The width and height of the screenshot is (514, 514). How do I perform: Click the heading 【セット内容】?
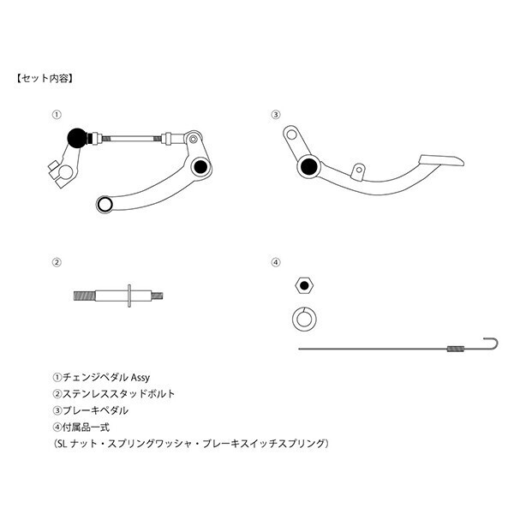pos(45,79)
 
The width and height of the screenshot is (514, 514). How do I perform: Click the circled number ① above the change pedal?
pos(57,115)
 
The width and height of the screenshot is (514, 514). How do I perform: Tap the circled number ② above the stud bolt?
pos(57,262)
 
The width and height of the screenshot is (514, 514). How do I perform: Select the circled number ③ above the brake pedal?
pos(276,115)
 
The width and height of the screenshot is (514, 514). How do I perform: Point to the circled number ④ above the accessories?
pos(276,262)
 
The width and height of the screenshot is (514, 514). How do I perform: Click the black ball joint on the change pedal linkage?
pos(77,138)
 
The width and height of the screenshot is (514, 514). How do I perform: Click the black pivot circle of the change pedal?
pos(200,166)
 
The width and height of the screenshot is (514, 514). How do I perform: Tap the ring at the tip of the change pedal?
pos(105,204)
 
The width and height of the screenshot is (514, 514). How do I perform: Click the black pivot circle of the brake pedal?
pos(308,166)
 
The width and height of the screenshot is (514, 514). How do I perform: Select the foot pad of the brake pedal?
pos(441,161)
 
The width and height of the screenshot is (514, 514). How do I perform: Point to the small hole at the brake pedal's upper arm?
pos(291,134)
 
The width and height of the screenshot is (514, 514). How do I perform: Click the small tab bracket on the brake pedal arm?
pos(358,171)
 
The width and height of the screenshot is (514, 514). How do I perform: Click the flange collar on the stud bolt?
pos(129,296)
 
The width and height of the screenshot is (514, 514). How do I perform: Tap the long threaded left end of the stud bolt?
pos(85,296)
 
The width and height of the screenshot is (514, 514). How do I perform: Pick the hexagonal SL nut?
pos(304,285)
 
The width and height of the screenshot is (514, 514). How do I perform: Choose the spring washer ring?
pos(304,319)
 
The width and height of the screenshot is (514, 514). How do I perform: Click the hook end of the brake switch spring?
pos(493,344)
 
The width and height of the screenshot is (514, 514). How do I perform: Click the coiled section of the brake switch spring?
pos(456,349)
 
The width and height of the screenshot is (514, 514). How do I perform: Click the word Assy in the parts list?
pos(140,378)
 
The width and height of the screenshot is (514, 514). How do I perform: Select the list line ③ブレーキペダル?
pos(91,410)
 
